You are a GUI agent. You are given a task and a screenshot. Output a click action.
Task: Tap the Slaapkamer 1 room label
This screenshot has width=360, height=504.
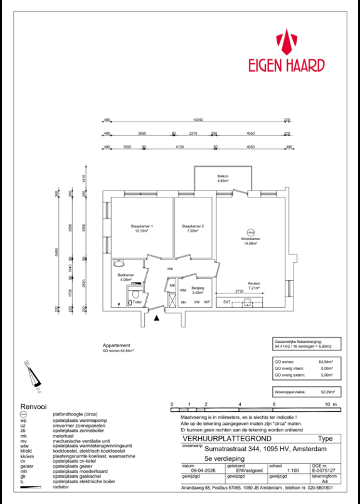pyautogui.click(x=142, y=226)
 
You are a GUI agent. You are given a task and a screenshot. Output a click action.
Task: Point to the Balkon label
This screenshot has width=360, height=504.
pyautogui.click(x=223, y=176)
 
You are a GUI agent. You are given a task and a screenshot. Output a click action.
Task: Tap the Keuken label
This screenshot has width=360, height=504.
pyautogui.click(x=253, y=283)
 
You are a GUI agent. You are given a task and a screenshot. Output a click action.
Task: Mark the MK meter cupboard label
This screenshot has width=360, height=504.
pyautogui.click(x=172, y=286)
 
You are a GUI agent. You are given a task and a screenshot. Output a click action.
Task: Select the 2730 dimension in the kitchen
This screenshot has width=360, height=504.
pyautogui.click(x=239, y=292)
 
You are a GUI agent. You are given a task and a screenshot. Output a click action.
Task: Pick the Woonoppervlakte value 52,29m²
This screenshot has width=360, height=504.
pyautogui.click(x=327, y=392)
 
